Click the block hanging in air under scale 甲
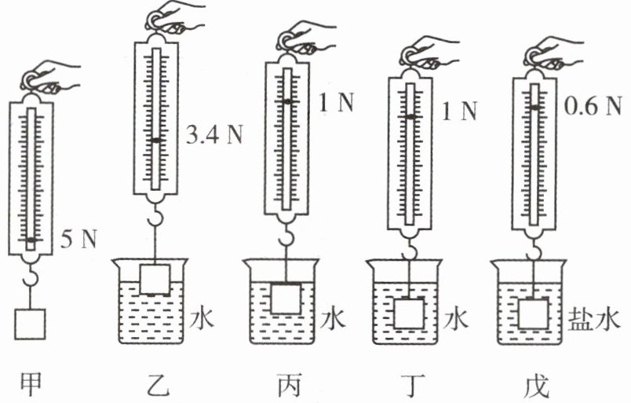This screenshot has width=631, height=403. pos(30,323)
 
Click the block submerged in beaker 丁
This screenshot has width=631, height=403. pos(409,313)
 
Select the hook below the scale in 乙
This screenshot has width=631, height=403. pos(156,215)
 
